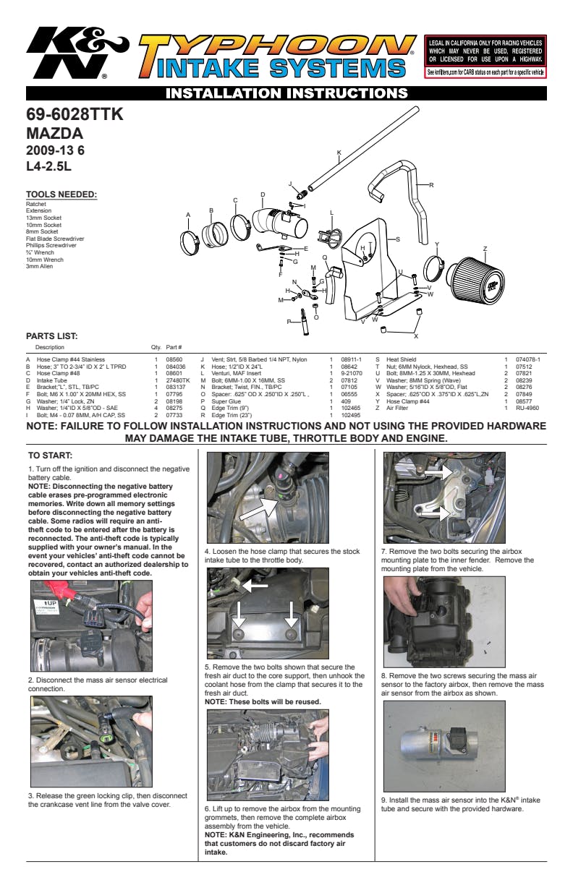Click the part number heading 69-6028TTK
pyautogui.click(x=75, y=115)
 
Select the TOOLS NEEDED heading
pyautogui.click(x=61, y=194)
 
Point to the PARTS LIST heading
pyautogui.click(x=51, y=335)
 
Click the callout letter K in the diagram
pyautogui.click(x=339, y=153)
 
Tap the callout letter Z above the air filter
pyautogui.click(x=485, y=249)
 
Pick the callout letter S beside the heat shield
pyautogui.click(x=397, y=239)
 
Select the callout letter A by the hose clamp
pyautogui.click(x=188, y=215)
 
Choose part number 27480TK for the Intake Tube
pyautogui.click(x=177, y=380)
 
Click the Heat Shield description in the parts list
pyautogui.click(x=401, y=359)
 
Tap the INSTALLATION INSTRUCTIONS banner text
pyautogui.click(x=286, y=93)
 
